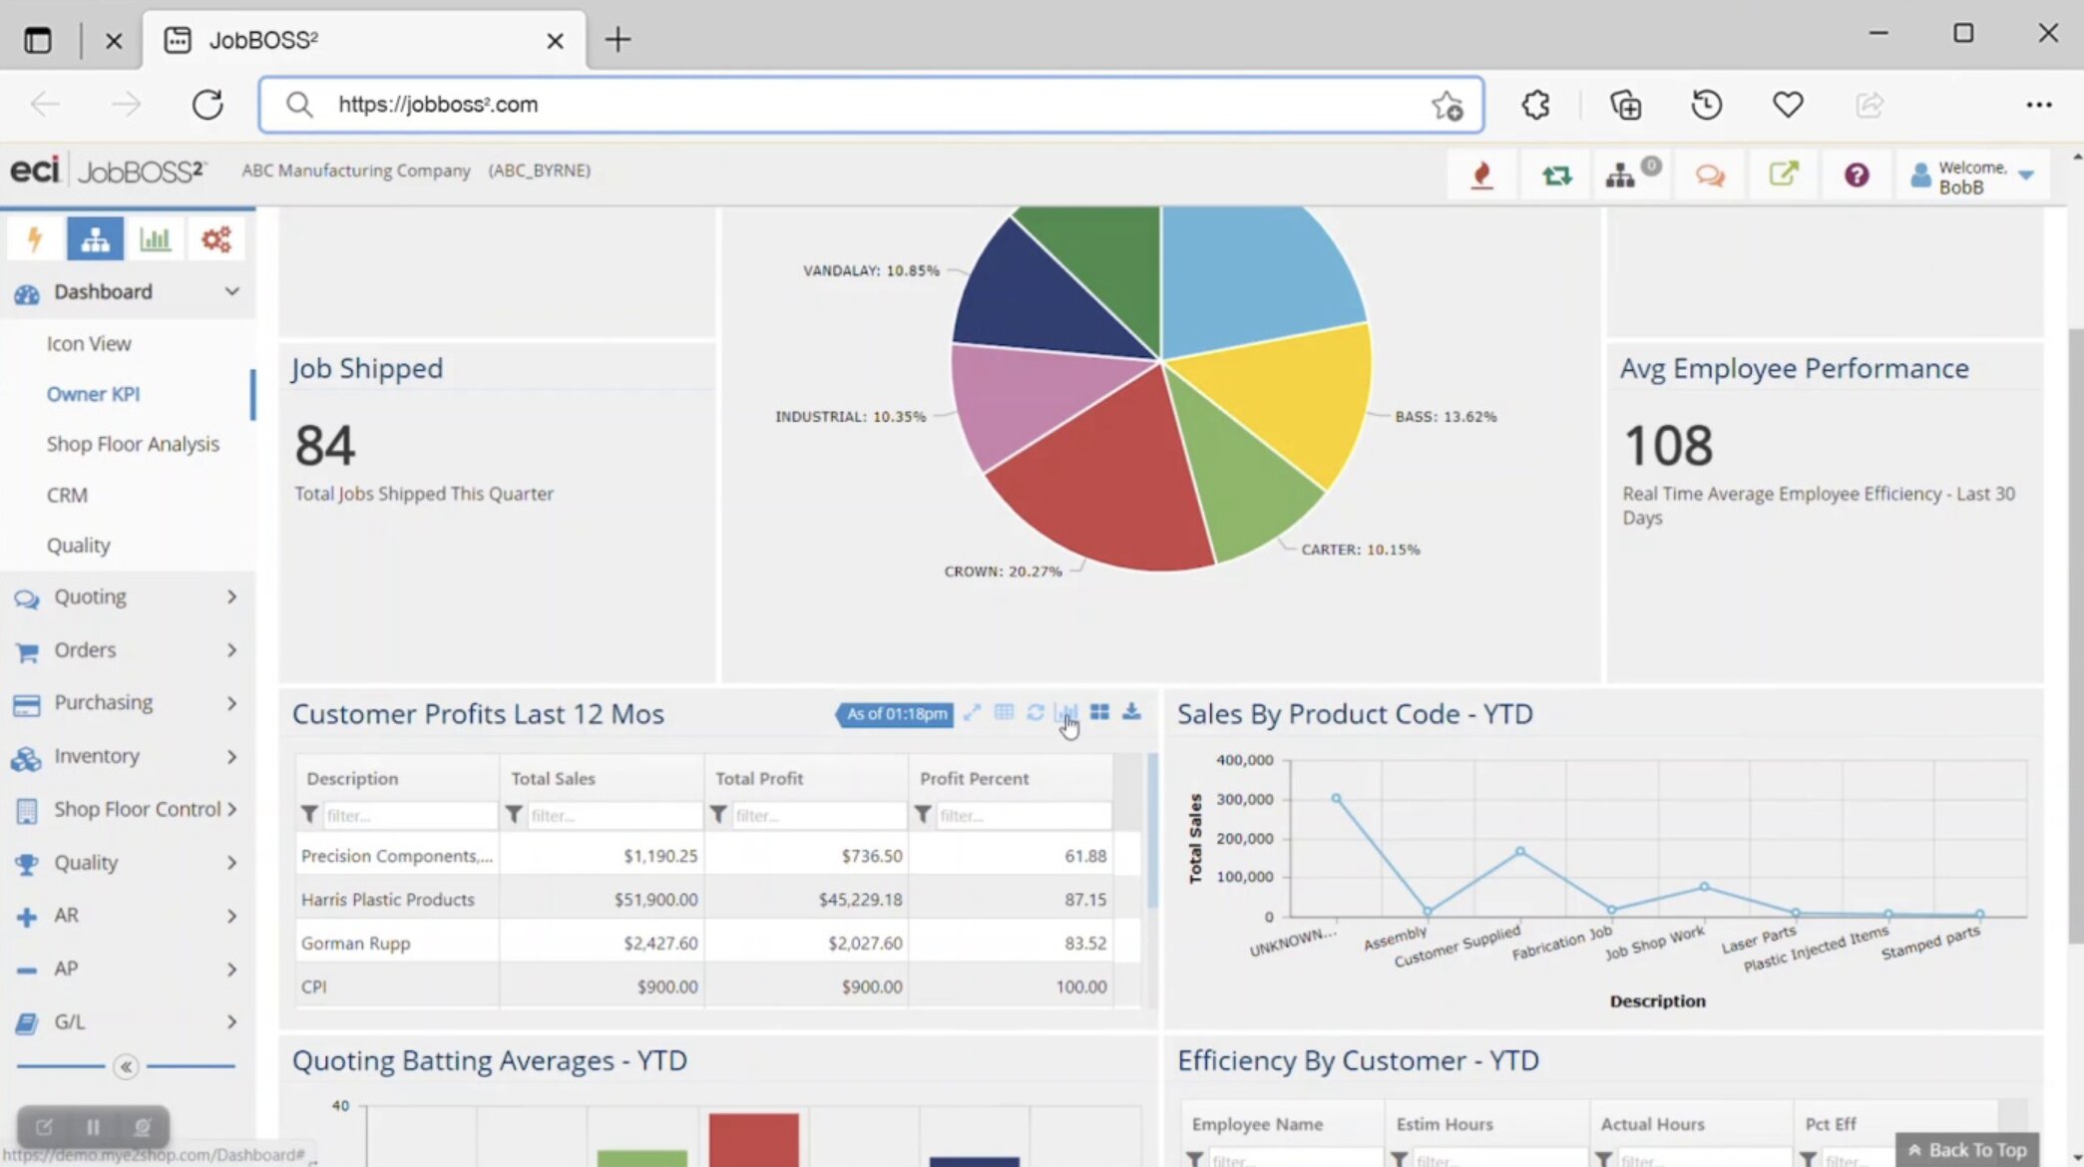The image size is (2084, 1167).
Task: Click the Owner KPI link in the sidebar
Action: pos(93,394)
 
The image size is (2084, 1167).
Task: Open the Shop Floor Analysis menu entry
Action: pos(133,444)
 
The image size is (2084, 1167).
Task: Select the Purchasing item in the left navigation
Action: pos(103,702)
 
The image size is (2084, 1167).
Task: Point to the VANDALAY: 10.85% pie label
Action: pos(871,270)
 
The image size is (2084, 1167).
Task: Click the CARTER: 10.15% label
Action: pos(1360,550)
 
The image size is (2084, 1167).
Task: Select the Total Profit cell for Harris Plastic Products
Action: pos(860,900)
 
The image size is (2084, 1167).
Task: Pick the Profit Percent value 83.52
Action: pos(1085,943)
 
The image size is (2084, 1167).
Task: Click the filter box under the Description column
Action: pos(409,816)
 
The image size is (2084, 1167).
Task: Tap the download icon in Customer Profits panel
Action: pos(1131,712)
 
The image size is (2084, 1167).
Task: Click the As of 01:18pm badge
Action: pos(895,714)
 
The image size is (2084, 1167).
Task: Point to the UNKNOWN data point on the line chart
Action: pos(1336,798)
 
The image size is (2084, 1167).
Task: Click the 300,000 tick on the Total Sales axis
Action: pos(1244,799)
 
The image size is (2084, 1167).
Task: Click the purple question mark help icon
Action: pos(1856,176)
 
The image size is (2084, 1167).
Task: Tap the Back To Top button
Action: pos(1967,1150)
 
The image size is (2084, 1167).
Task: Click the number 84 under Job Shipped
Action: pos(325,446)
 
